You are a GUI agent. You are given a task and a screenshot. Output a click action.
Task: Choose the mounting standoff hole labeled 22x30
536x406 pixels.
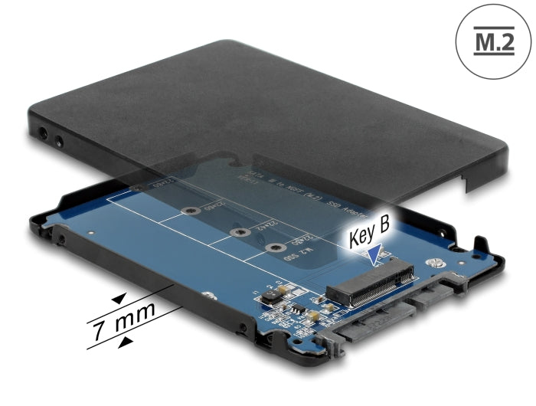[273, 246]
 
